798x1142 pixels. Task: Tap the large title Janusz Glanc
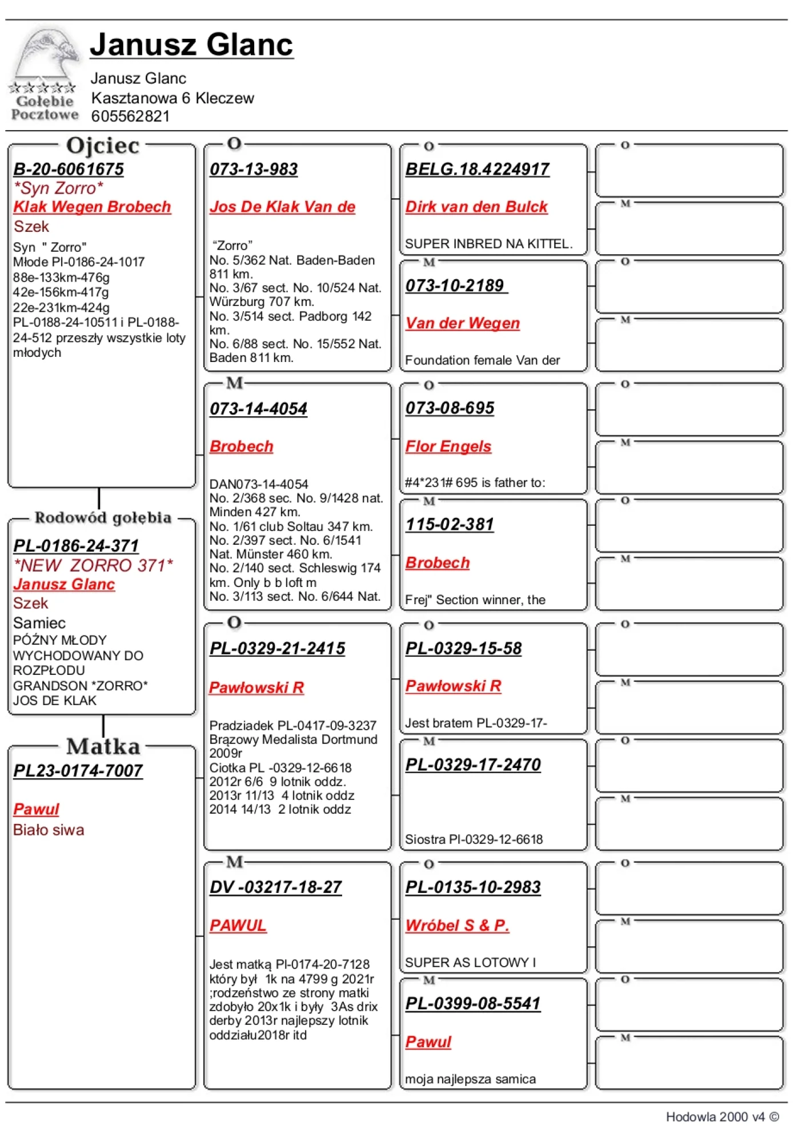coord(191,45)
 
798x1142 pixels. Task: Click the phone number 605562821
coord(130,116)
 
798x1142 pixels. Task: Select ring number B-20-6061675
coord(69,169)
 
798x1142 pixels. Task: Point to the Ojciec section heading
coord(103,146)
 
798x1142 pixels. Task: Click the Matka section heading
coord(103,746)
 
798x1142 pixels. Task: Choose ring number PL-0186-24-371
coord(76,545)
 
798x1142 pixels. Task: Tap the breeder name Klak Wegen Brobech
coord(92,207)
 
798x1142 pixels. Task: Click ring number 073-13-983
coord(254,169)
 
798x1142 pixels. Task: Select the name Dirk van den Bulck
coord(476,207)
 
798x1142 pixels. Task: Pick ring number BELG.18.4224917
coord(478,169)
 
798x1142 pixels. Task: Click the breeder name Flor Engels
coord(448,447)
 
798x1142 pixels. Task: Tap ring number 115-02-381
coord(450,524)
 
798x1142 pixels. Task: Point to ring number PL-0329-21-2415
coord(278,648)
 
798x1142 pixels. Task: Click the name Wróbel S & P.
coord(457,925)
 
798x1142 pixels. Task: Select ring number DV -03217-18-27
coord(276,887)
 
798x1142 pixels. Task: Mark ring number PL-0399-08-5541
coord(473,1003)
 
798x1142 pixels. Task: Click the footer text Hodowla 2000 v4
coord(721,1117)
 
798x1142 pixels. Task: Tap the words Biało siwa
coord(49,830)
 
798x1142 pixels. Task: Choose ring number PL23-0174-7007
coord(78,771)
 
